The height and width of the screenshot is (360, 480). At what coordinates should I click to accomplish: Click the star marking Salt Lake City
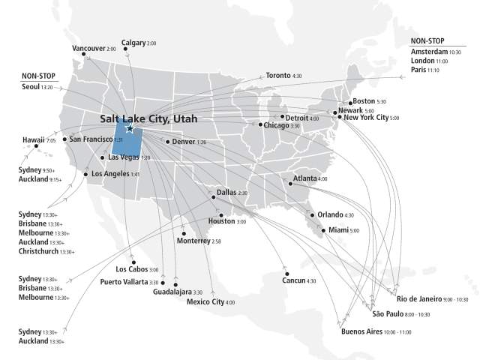coord(130,128)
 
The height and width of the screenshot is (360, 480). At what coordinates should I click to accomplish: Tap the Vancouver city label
coord(88,49)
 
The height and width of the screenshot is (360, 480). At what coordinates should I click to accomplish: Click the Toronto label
coord(277,76)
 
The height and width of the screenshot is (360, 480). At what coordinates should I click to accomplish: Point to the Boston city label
coord(363,101)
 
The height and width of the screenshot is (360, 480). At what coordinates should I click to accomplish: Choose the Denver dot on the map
coord(168,141)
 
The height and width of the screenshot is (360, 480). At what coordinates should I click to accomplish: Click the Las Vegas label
coord(124,157)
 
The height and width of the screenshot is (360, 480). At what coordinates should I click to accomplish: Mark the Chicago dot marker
coord(261,124)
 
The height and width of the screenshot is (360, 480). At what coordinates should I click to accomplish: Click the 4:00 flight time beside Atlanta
coord(322,179)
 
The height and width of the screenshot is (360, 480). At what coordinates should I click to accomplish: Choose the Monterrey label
coord(193,241)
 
